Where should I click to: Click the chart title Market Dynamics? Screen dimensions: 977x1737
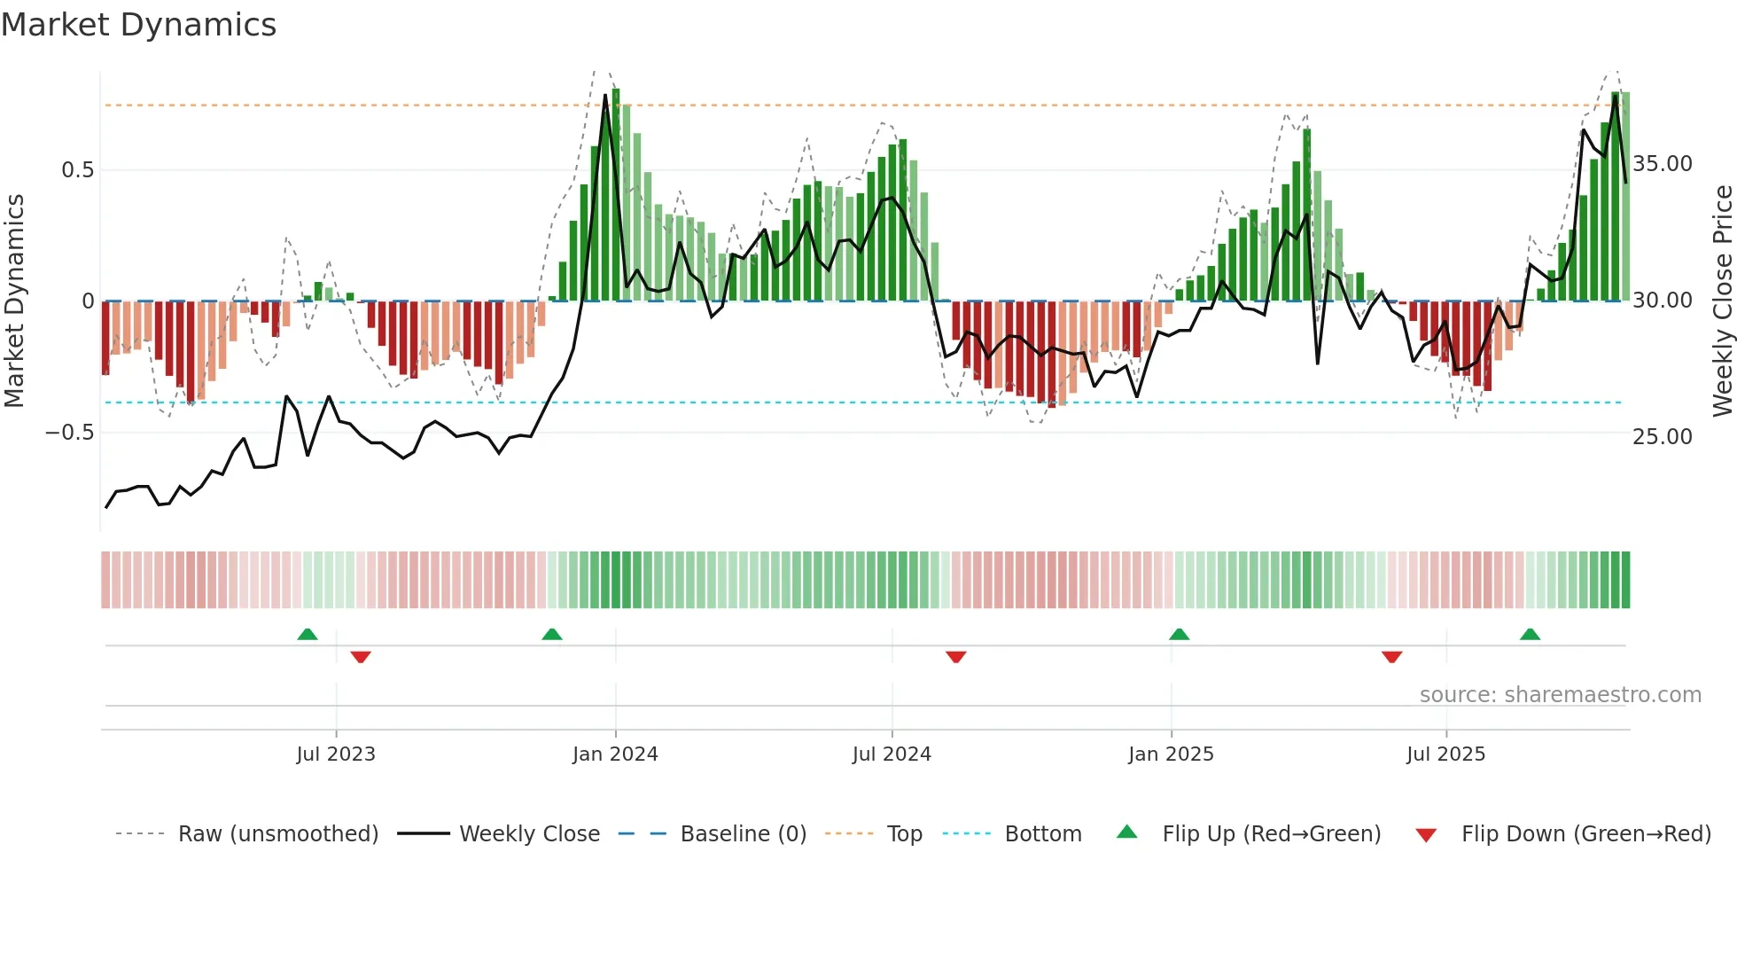(138, 25)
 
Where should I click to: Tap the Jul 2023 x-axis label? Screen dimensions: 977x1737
(336, 754)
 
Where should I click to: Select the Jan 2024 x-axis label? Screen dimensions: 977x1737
(615, 754)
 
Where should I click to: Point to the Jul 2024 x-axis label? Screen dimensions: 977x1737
(892, 754)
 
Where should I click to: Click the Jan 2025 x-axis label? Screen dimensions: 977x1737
(1171, 754)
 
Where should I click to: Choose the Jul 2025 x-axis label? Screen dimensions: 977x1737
(1445, 754)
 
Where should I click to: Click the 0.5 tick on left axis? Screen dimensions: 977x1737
(78, 170)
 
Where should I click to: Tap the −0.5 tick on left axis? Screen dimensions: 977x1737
(70, 433)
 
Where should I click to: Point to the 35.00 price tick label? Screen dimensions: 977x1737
(1663, 164)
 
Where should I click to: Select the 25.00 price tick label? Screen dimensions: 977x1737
(1663, 437)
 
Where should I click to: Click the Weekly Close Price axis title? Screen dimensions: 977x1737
(1722, 301)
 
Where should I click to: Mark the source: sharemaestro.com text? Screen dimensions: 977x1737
(1560, 695)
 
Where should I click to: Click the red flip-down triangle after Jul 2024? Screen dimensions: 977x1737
(955, 657)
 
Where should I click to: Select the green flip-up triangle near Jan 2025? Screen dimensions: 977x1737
(1179, 634)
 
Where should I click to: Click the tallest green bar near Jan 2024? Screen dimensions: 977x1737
(616, 195)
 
